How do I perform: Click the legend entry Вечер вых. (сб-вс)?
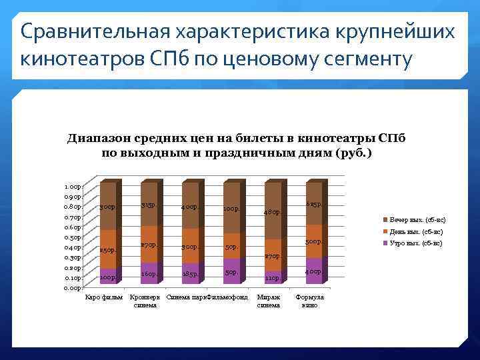[418, 219]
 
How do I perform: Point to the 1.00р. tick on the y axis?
[73, 187]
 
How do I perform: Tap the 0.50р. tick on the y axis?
[73, 237]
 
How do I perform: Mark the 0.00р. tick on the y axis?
[73, 288]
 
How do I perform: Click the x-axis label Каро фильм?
[104, 297]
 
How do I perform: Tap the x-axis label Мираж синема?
[269, 301]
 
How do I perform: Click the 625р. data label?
[313, 204]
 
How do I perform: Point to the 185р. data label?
[190, 274]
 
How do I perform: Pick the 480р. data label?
[272, 212]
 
